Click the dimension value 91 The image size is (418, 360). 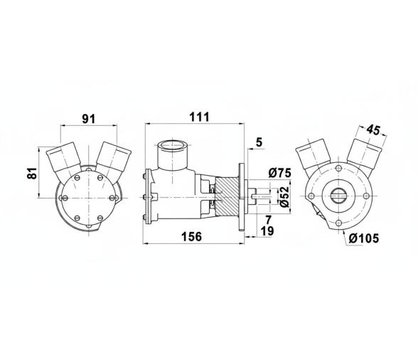point(89,119)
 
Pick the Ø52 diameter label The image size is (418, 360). point(284,196)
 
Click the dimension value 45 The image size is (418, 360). point(373,129)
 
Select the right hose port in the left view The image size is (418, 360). point(113,157)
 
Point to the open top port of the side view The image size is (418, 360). point(171,148)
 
